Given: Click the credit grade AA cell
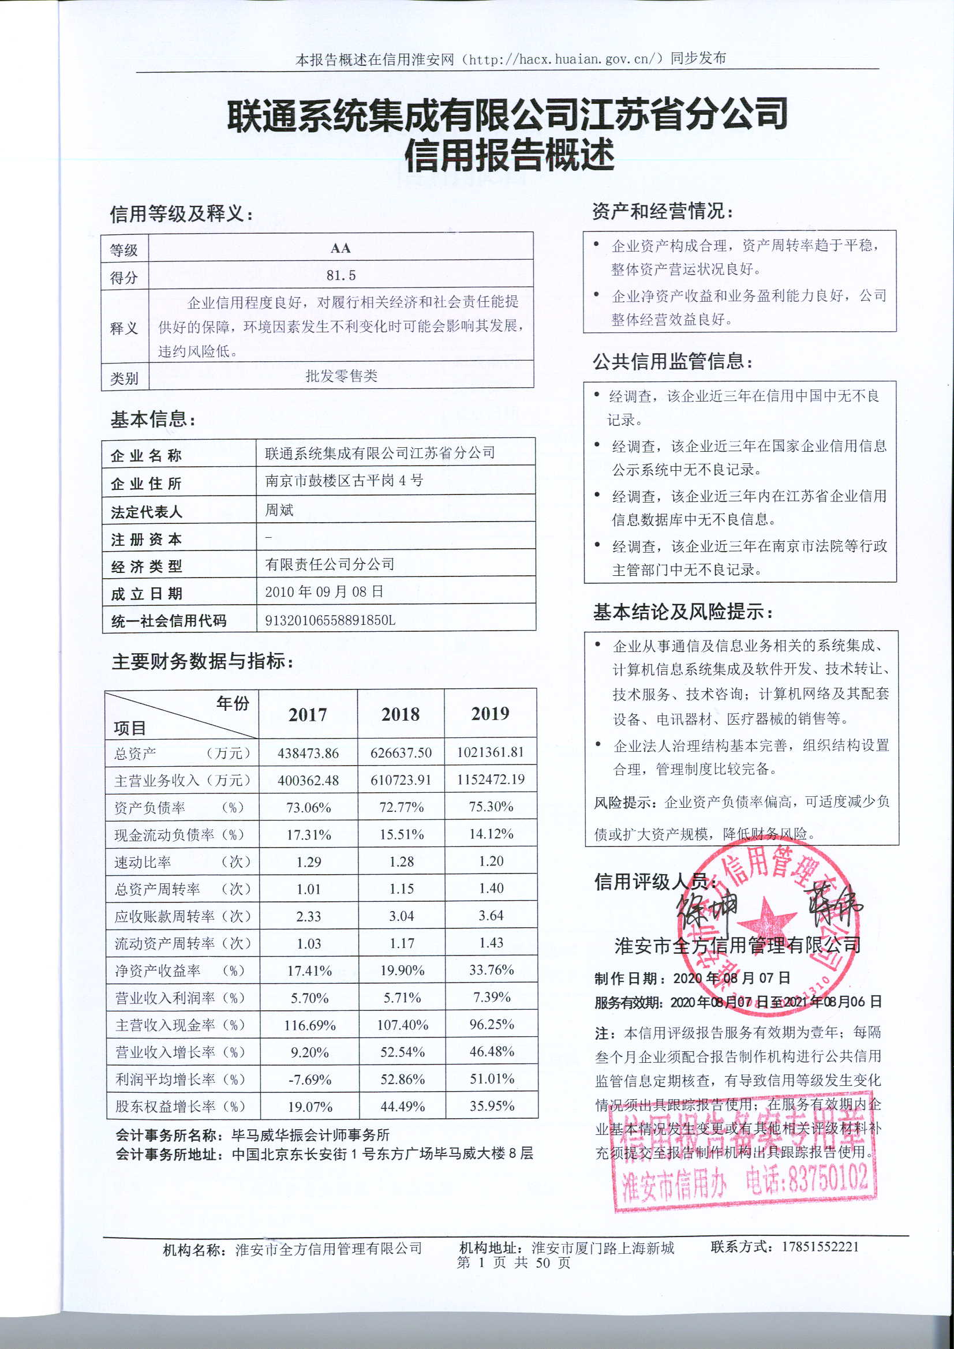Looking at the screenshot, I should (341, 248).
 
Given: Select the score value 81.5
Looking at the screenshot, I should (341, 275).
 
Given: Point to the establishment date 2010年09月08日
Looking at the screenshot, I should (324, 591).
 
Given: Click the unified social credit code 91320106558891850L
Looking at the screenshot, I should (330, 620).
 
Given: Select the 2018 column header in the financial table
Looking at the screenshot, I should (401, 714).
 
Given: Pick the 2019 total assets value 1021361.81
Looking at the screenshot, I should (490, 752).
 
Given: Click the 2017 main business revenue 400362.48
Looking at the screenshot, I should (308, 780).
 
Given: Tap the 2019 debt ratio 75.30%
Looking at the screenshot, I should (491, 807).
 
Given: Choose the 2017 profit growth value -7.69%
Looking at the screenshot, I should (310, 1080).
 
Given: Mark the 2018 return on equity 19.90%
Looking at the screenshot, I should (402, 970).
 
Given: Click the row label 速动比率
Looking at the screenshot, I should (143, 862).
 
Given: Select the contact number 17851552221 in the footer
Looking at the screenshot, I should (820, 1246).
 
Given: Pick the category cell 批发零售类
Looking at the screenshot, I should (341, 376).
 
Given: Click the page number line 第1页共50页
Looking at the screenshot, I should (513, 1262).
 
